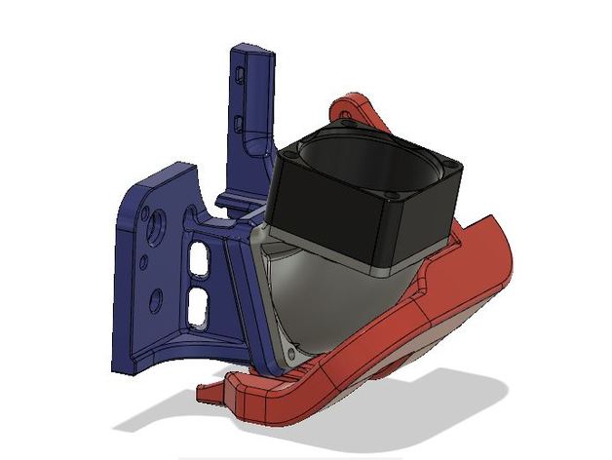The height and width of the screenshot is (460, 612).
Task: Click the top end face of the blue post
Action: click(x=254, y=48)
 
